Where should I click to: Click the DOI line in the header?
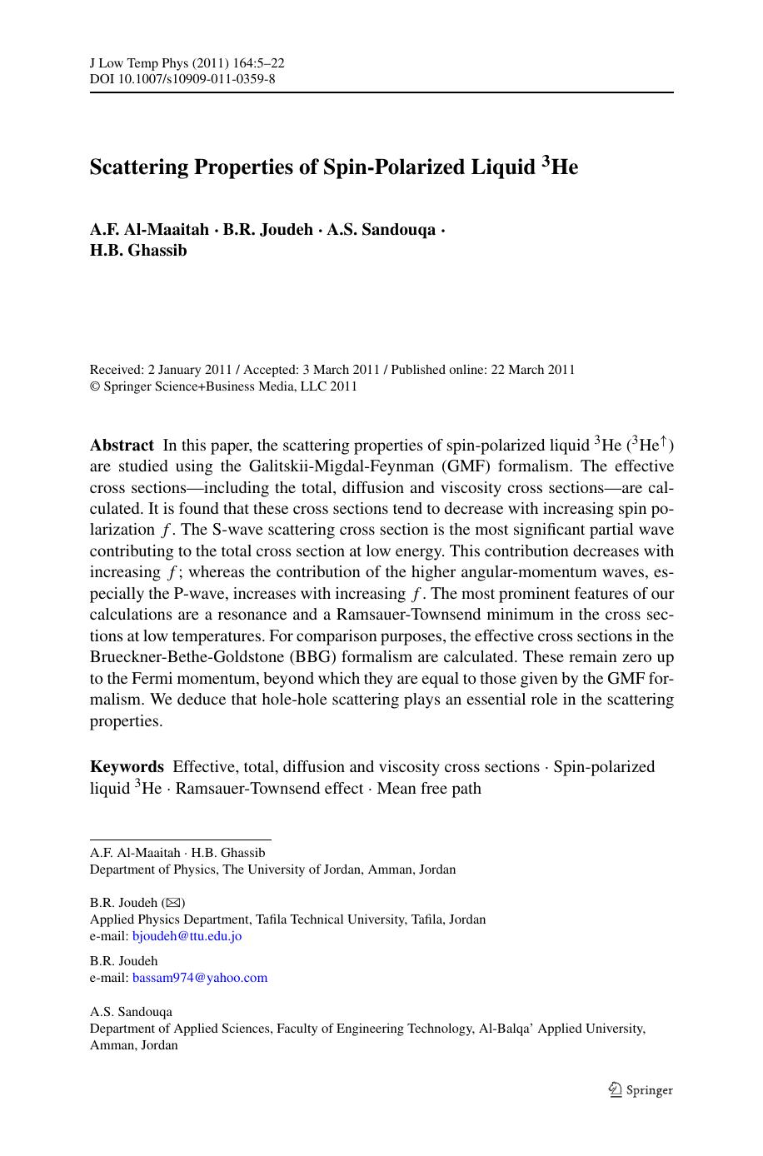tap(182, 80)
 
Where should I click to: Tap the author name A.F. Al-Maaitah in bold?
tap(148, 230)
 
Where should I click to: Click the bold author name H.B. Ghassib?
tap(138, 251)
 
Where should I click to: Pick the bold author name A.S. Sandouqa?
tap(381, 230)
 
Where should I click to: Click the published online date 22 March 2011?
tap(532, 370)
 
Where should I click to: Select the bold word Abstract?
tap(122, 446)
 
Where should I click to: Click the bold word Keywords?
tap(127, 767)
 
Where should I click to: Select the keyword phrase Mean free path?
tap(429, 788)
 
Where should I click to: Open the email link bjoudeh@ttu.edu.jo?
tap(187, 936)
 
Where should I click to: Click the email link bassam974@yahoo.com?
tap(200, 978)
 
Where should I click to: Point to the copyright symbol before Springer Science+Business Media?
tap(94, 386)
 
